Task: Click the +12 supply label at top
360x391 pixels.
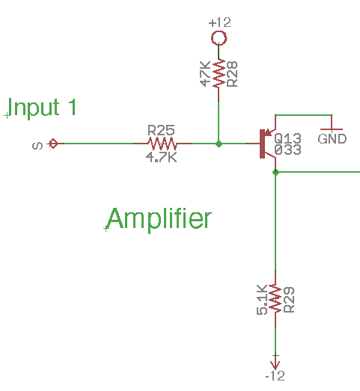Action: point(218,22)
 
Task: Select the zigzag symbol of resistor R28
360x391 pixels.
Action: point(218,74)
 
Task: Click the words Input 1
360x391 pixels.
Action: point(44,108)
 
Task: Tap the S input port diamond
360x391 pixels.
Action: point(52,143)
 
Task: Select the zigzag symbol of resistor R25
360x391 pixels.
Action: point(162,143)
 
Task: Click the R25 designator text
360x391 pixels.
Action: point(161,129)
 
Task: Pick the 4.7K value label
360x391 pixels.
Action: point(162,157)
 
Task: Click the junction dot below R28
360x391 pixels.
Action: point(218,143)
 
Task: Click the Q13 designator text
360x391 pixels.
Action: point(287,138)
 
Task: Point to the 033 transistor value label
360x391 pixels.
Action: point(287,150)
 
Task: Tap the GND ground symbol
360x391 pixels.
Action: point(332,131)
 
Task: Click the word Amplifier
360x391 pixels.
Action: point(159,219)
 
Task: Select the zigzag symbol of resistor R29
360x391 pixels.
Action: point(275,299)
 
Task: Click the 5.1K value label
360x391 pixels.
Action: point(262,300)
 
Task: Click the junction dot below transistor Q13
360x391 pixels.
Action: point(275,172)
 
